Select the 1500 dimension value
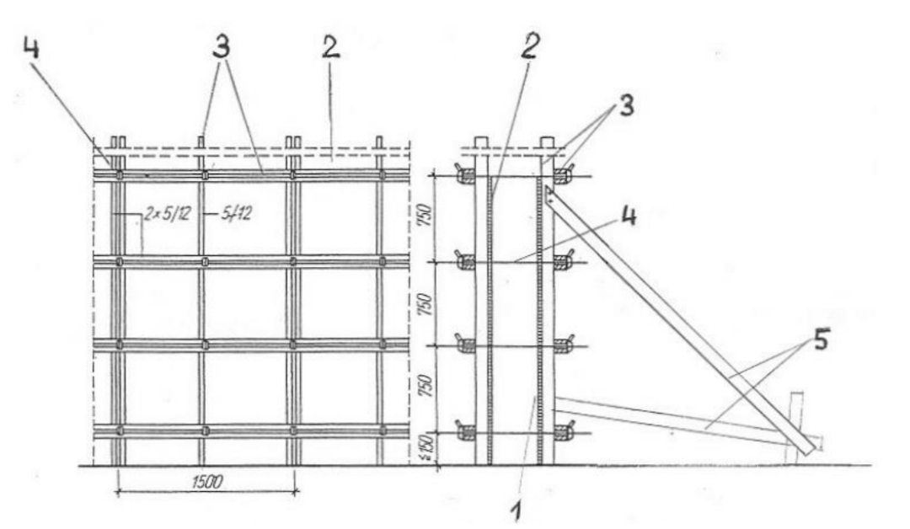coord(206,482)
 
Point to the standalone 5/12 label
coord(237,214)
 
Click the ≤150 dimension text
coord(428,448)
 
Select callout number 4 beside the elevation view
coord(31,46)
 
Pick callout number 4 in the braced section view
coord(629,216)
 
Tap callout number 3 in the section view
coord(625,106)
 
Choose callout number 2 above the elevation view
coord(330,46)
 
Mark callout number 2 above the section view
coord(528,45)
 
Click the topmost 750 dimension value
coord(428,216)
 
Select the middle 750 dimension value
coord(428,302)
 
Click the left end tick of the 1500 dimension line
coord(119,492)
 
